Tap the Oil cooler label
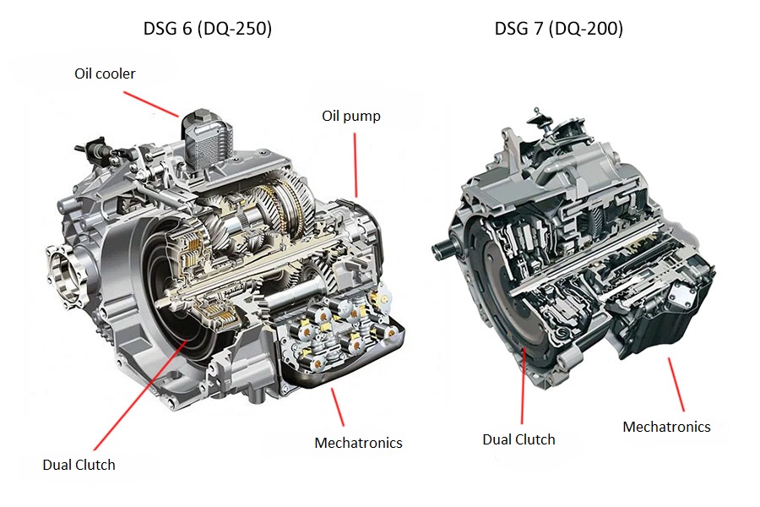point(105,74)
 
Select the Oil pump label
point(350,116)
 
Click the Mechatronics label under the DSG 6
point(358,443)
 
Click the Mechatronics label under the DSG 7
point(666,427)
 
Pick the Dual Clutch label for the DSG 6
point(79,464)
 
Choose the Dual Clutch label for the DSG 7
point(518,439)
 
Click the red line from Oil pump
point(356,165)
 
